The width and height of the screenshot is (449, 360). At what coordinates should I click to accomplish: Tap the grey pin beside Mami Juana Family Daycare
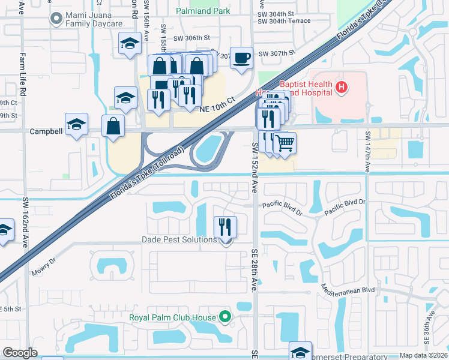[x=56, y=19]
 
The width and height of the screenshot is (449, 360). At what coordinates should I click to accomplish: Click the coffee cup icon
[x=242, y=58]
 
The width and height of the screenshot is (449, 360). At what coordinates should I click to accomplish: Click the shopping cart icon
[x=285, y=143]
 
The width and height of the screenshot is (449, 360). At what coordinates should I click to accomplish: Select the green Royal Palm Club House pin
[x=225, y=316]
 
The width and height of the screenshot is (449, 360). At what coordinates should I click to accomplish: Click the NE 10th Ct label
[x=217, y=103]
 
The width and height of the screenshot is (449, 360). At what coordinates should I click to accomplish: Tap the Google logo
[x=20, y=353]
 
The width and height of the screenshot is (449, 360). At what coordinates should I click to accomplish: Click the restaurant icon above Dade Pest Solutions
[x=226, y=226]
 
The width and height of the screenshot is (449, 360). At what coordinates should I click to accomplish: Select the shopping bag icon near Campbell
[x=113, y=126]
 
